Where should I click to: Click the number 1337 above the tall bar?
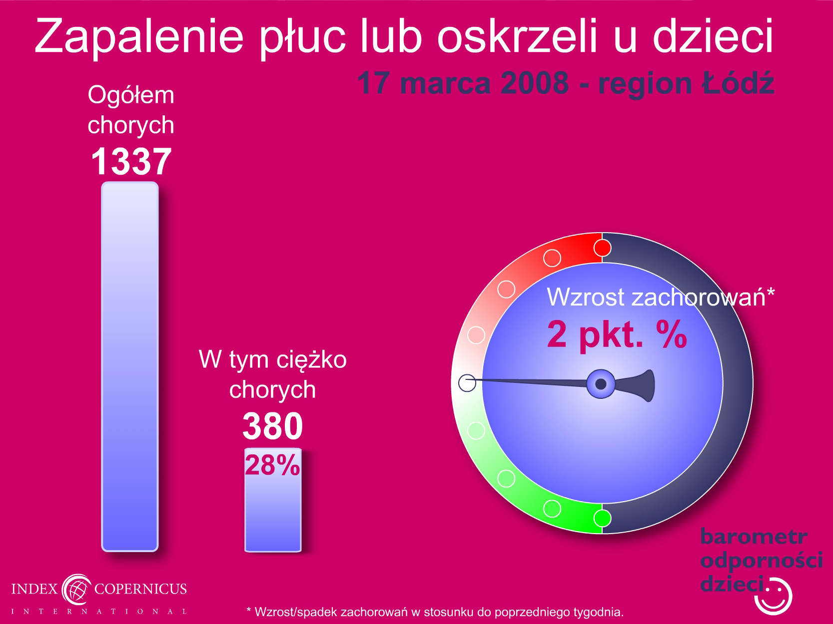point(131,162)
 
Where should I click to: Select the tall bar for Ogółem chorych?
point(130,366)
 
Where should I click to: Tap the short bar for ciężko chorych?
point(273,500)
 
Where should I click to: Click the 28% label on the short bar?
point(272,465)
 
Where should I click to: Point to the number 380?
point(272,426)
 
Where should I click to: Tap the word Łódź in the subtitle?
point(738,83)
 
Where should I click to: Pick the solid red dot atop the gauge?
point(602,248)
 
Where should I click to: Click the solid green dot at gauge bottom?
point(602,518)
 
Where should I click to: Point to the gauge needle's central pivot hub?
point(601,384)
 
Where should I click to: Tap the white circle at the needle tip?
point(467,383)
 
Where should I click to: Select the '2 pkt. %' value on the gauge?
point(617,335)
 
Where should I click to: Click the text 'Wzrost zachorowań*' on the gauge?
point(661,297)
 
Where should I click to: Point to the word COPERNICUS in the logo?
point(140,589)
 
